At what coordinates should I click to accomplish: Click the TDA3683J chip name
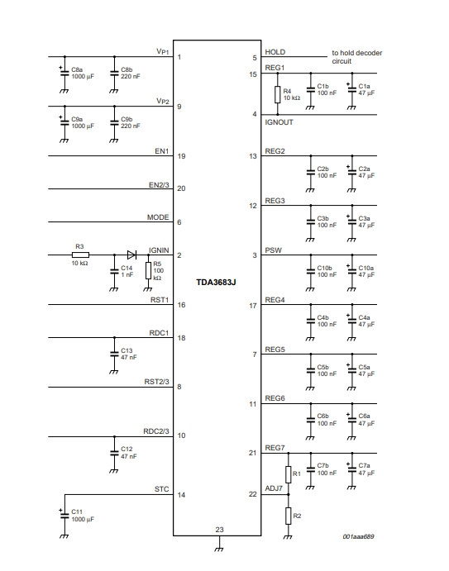click(216, 283)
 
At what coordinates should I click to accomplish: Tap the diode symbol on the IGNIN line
click(131, 255)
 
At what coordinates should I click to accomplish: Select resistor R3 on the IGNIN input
click(80, 255)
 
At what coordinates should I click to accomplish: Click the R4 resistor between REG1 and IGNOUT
click(278, 94)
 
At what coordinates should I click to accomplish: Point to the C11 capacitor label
click(77, 512)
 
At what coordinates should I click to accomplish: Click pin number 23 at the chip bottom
click(219, 530)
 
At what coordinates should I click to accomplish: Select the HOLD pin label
click(275, 52)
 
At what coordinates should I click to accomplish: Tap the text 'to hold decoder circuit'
click(356, 57)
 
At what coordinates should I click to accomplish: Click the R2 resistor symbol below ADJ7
click(289, 516)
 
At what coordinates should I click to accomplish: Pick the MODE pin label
click(158, 217)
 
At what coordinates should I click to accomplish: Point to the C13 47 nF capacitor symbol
click(114, 354)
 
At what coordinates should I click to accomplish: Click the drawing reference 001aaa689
click(358, 536)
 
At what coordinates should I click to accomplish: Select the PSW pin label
click(274, 250)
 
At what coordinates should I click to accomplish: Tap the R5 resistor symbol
click(148, 270)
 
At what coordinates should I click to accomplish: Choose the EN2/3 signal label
click(159, 185)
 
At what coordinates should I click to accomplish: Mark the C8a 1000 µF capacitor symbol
click(64, 73)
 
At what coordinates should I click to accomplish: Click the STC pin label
click(162, 489)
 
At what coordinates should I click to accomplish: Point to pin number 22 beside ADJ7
click(252, 494)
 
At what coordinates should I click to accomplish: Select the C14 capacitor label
click(127, 268)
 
